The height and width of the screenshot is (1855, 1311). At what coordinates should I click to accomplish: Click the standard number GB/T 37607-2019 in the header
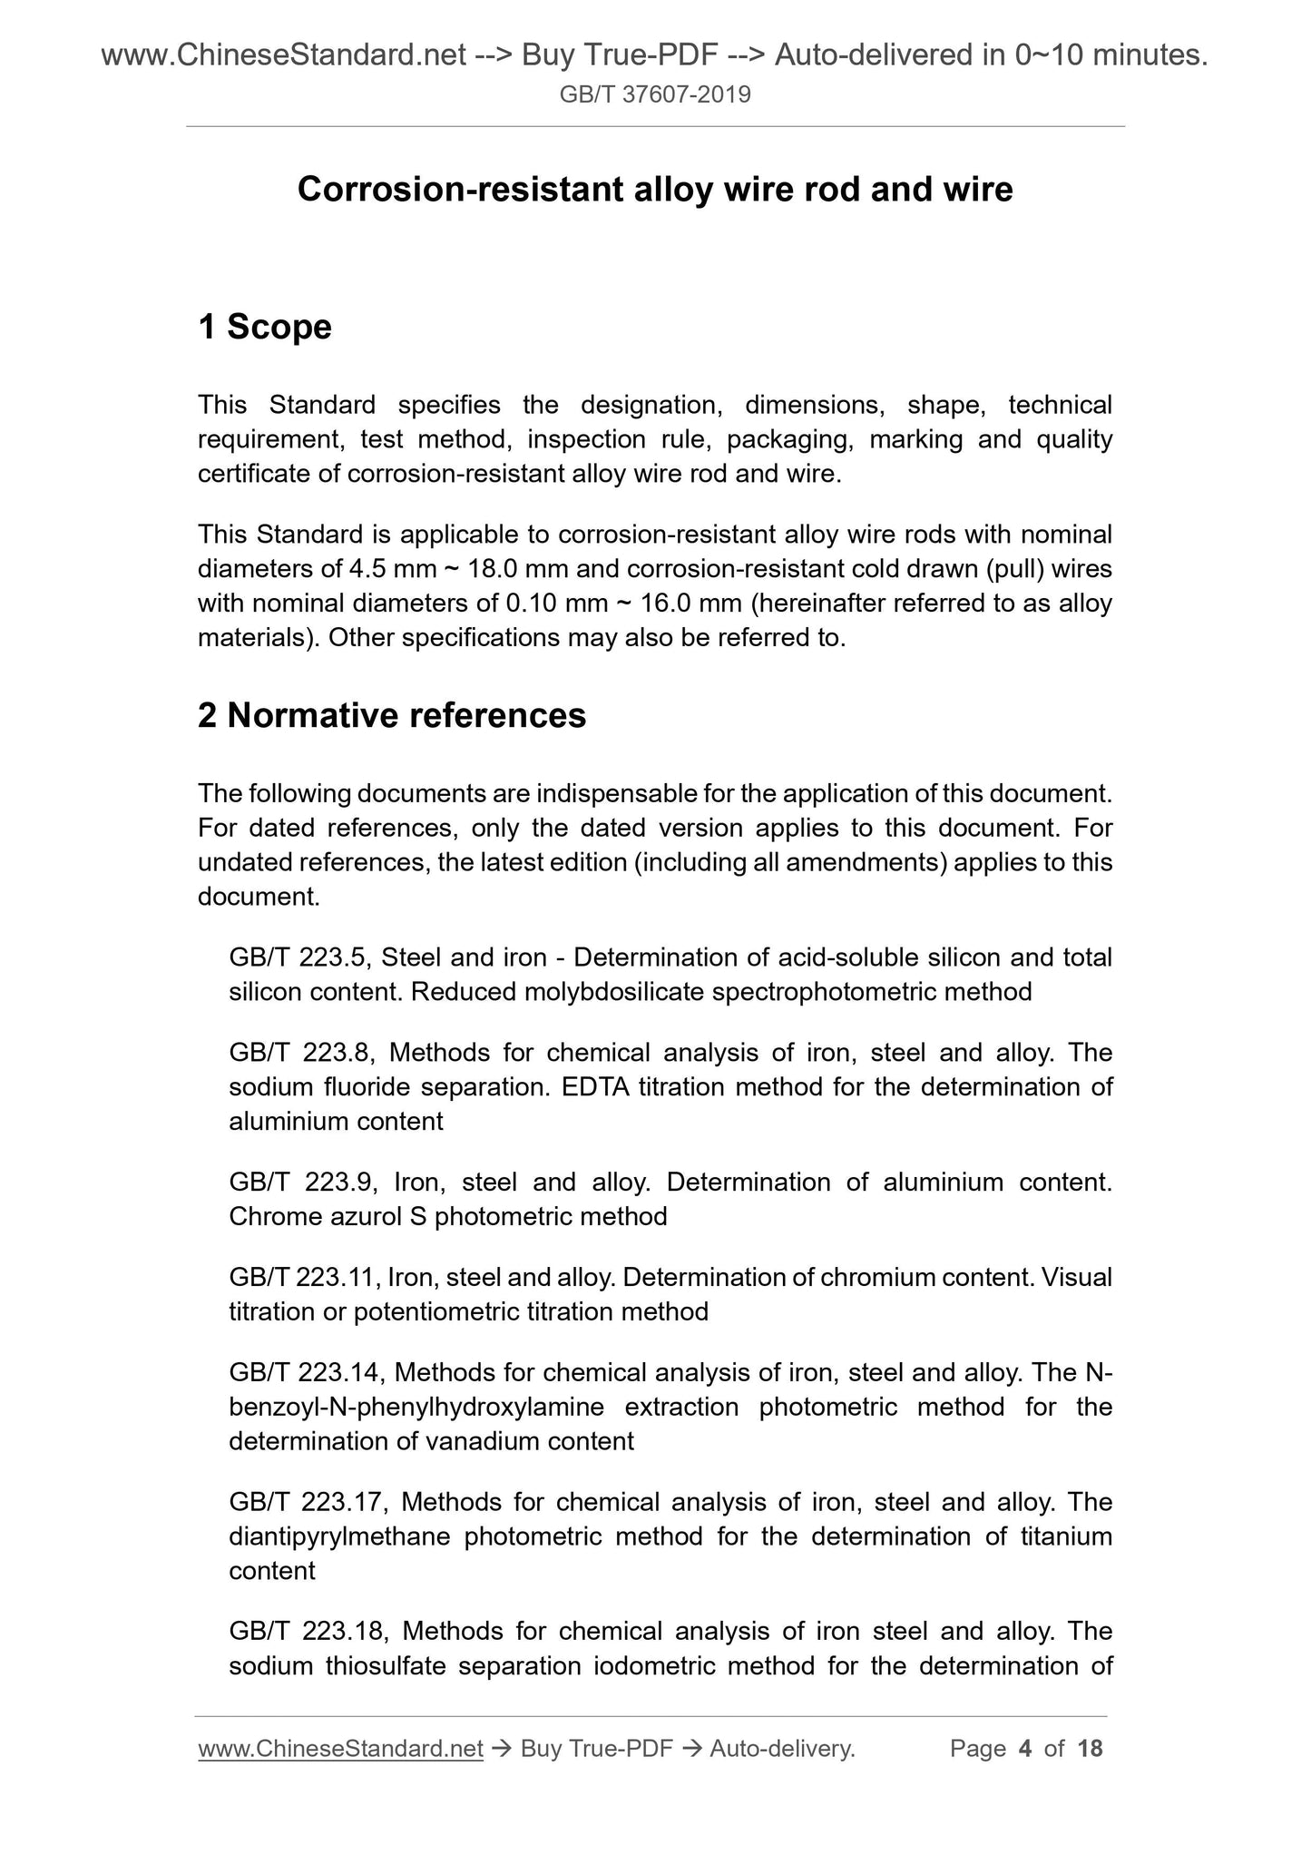click(655, 94)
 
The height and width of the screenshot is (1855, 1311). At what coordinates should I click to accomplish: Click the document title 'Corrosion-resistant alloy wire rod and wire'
click(655, 190)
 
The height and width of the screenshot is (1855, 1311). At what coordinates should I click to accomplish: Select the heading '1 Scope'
click(264, 327)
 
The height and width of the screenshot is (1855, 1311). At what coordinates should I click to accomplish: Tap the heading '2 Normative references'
click(391, 716)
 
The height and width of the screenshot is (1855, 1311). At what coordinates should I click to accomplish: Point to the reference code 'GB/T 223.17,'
click(308, 1502)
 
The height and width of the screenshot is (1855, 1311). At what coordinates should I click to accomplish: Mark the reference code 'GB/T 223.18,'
click(308, 1632)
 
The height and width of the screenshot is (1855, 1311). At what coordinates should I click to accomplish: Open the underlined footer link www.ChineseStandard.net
click(339, 1749)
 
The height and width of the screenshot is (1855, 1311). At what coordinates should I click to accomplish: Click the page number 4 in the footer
click(1025, 1749)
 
